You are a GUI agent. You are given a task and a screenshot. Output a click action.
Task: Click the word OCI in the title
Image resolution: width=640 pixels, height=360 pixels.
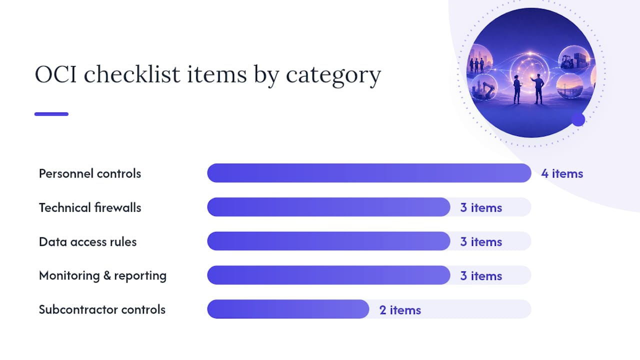pyautogui.click(x=55, y=74)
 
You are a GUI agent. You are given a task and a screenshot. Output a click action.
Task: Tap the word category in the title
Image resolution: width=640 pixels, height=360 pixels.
pyautogui.click(x=333, y=75)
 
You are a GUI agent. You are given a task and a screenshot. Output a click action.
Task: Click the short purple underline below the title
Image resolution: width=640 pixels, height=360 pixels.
pyautogui.click(x=51, y=114)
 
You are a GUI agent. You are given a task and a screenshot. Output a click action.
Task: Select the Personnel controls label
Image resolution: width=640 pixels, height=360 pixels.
pyautogui.click(x=90, y=173)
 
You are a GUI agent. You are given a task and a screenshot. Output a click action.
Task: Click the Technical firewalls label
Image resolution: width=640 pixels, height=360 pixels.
pyautogui.click(x=90, y=207)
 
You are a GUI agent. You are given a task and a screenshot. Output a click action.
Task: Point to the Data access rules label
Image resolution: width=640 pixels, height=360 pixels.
pyautogui.click(x=87, y=241)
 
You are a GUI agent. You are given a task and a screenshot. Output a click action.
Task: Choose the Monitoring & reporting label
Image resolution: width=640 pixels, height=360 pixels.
pyautogui.click(x=103, y=276)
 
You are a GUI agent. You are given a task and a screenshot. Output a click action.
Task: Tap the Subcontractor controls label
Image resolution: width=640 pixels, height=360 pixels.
pyautogui.click(x=102, y=309)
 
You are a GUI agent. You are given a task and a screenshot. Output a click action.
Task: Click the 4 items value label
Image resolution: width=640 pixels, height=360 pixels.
pyautogui.click(x=562, y=173)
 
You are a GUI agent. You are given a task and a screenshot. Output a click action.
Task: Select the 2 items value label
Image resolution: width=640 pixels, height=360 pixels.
pyautogui.click(x=400, y=310)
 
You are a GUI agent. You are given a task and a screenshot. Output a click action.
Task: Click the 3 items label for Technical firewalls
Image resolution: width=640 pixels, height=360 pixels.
pyautogui.click(x=481, y=207)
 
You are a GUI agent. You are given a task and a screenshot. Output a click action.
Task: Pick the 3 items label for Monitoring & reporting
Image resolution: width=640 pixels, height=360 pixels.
pyautogui.click(x=481, y=275)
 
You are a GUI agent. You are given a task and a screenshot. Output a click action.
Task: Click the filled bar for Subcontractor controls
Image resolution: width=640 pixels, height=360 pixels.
pyautogui.click(x=288, y=309)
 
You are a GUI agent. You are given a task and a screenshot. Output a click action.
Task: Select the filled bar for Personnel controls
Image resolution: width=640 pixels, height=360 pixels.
pyautogui.click(x=369, y=173)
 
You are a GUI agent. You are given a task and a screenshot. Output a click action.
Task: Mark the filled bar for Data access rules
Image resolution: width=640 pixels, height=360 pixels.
pyautogui.click(x=329, y=241)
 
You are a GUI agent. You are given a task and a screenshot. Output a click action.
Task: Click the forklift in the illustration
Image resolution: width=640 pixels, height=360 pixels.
pyautogui.click(x=567, y=61)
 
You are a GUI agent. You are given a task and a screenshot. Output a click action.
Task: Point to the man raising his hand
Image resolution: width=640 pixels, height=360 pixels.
pyautogui.click(x=537, y=89)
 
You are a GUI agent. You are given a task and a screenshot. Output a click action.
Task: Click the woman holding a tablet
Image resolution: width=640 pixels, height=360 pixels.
pyautogui.click(x=517, y=89)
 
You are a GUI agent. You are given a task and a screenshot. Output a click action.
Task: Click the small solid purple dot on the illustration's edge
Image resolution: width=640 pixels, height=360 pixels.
pyautogui.click(x=578, y=119)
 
